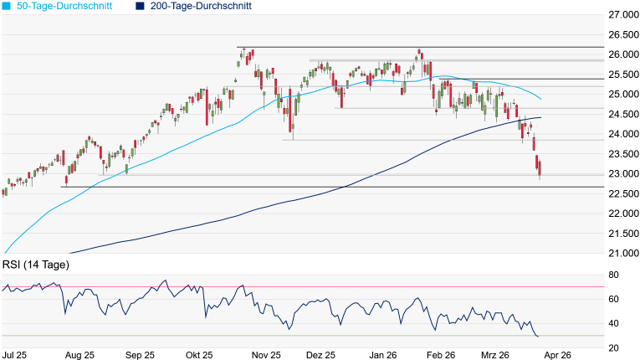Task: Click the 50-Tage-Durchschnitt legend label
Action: pyautogui.click(x=64, y=6)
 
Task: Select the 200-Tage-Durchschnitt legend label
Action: pyautogui.click(x=201, y=6)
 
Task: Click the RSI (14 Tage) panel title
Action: pyautogui.click(x=35, y=265)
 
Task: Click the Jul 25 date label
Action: pyautogui.click(x=14, y=355)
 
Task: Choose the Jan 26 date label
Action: pyautogui.click(x=383, y=355)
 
